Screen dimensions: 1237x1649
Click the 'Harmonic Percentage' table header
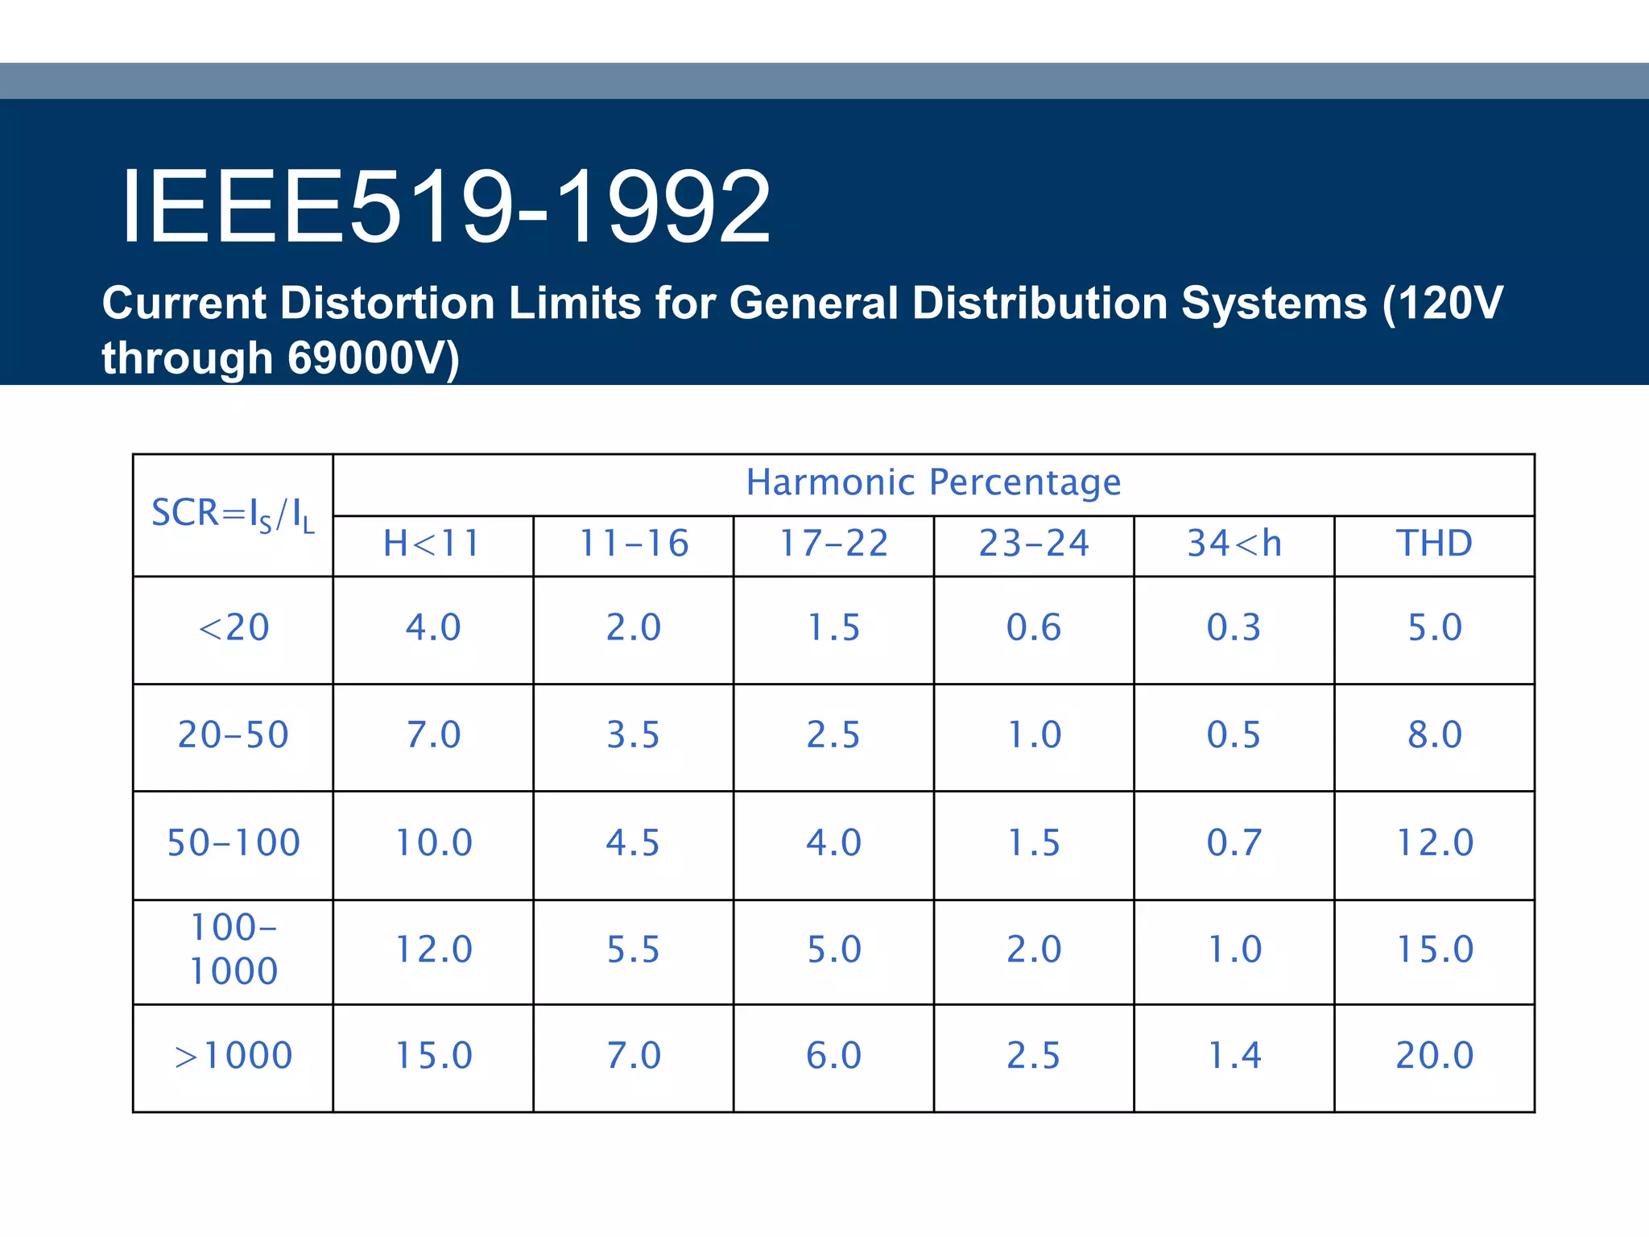(933, 482)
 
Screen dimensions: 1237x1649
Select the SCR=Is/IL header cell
(233, 514)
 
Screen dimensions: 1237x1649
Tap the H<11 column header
(432, 544)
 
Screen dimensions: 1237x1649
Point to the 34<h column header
(1234, 544)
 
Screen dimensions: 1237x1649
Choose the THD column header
(1434, 544)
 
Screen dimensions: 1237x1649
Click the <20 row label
(233, 627)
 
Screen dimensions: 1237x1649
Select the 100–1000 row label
(233, 949)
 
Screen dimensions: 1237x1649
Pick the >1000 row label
(233, 1056)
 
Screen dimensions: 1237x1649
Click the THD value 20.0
(1434, 1056)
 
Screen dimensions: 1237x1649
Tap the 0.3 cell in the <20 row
(1234, 627)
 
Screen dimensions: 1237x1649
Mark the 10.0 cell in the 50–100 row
(433, 843)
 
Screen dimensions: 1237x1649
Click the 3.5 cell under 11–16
(633, 735)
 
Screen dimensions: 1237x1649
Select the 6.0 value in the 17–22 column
(833, 1056)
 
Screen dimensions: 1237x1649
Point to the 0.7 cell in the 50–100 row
(1234, 843)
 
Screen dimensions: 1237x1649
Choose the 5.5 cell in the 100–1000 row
(633, 949)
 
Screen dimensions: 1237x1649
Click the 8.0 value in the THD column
(1434, 735)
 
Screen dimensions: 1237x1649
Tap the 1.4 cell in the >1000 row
(1234, 1056)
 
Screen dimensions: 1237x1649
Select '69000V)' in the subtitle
(373, 358)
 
